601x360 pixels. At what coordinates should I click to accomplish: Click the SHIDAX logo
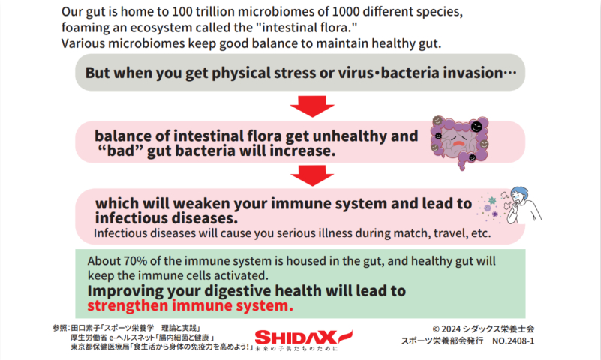[304, 340]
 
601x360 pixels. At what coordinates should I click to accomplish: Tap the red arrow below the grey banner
[312, 106]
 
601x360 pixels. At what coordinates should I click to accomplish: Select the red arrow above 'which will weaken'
[312, 175]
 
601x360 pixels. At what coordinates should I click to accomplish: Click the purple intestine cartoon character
[459, 142]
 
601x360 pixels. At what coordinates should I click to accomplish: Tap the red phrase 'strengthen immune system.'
[190, 305]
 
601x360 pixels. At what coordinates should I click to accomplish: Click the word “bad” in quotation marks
[120, 151]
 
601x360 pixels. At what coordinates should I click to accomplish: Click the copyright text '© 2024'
[446, 329]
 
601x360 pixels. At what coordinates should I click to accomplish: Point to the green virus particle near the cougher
[492, 201]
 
